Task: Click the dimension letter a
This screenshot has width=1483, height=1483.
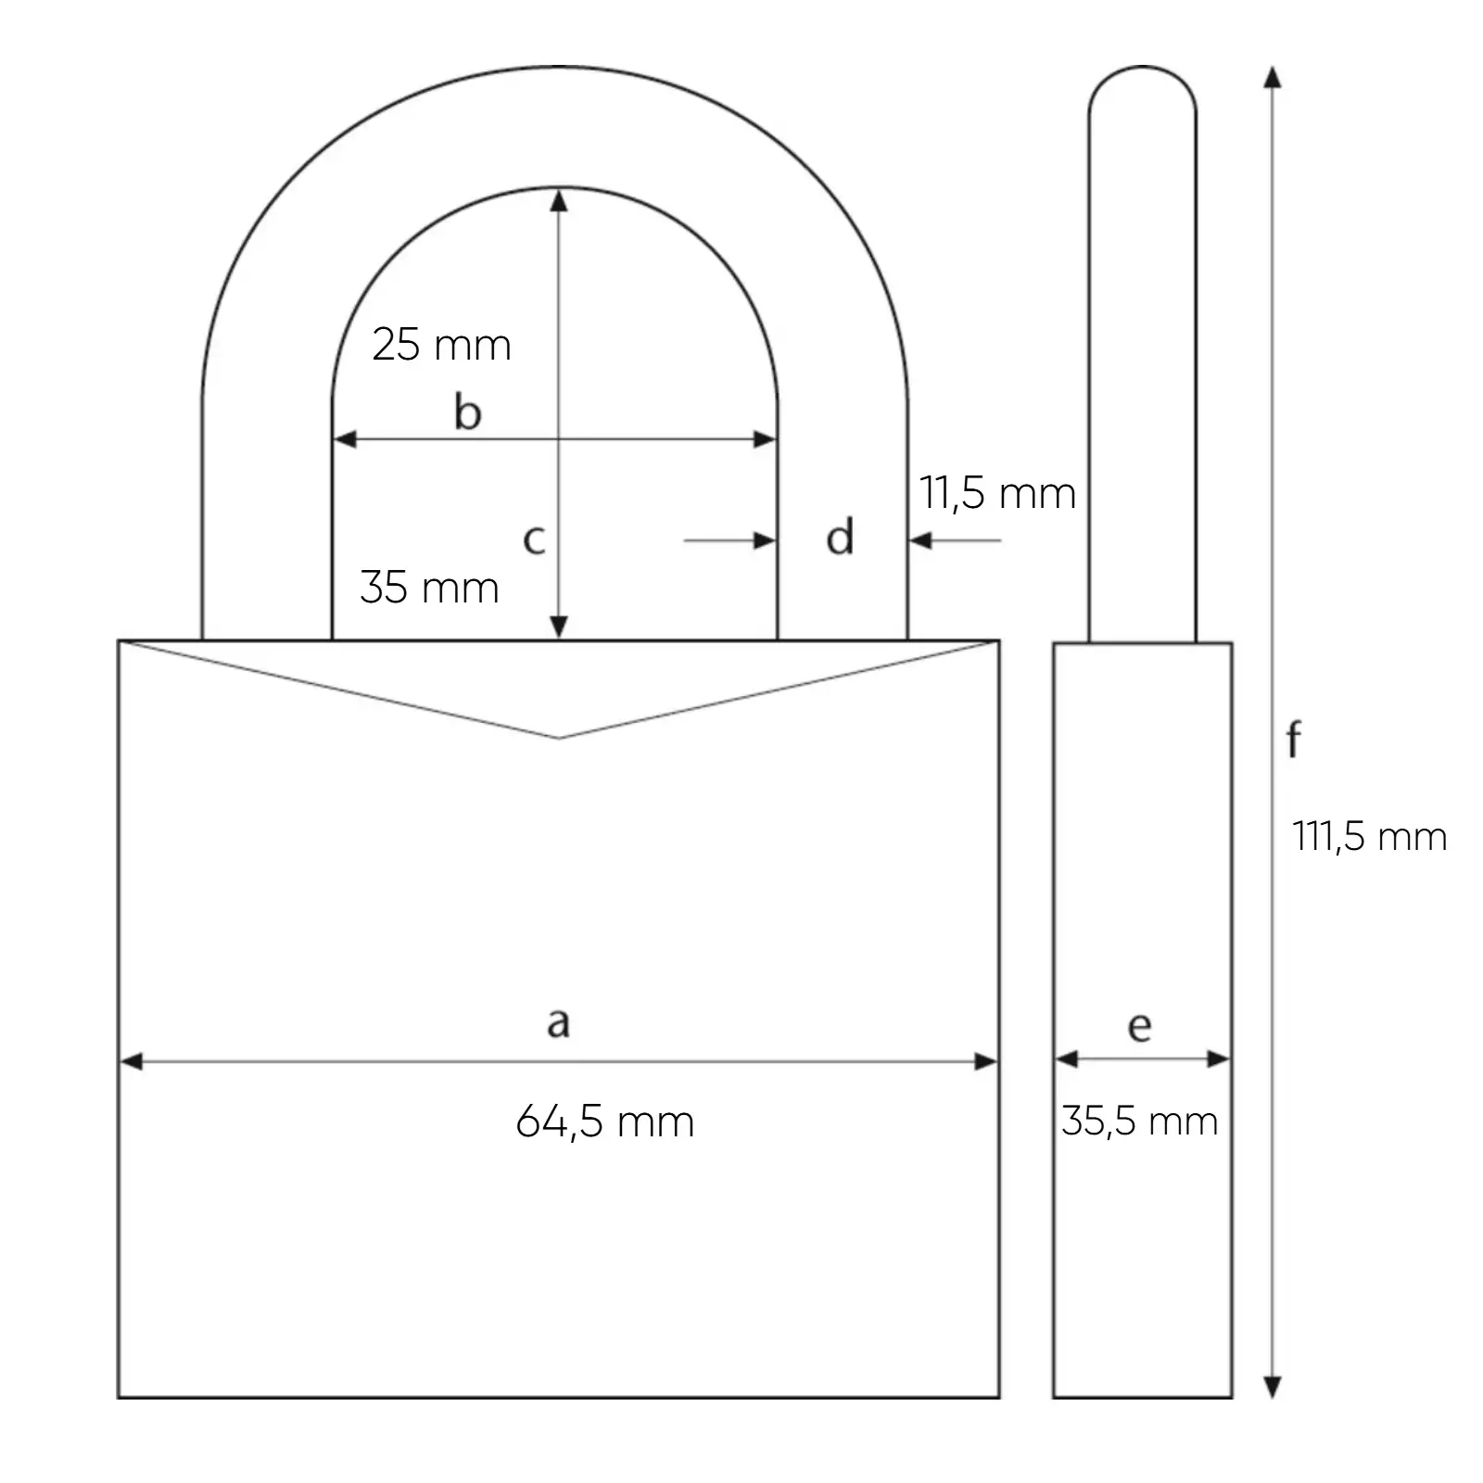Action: [x=557, y=1022]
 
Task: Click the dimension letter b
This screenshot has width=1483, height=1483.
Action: [x=467, y=412]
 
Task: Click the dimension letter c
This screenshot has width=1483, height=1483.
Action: [x=533, y=539]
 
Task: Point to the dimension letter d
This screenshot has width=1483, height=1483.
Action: [x=840, y=538]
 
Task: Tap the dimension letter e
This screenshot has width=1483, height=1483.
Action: [x=1139, y=1027]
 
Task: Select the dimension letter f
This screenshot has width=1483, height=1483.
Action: [x=1294, y=740]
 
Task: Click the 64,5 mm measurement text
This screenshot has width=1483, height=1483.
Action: [x=604, y=1122]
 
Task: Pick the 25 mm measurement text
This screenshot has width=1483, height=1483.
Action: [x=441, y=346]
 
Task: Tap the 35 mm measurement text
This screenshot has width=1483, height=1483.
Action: [x=429, y=588]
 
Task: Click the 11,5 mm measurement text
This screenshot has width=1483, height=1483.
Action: [x=997, y=493]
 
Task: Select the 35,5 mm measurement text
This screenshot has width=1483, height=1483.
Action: [x=1139, y=1122]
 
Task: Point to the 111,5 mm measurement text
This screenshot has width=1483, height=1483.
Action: [x=1369, y=837]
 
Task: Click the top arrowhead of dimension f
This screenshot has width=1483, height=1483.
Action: [x=1273, y=78]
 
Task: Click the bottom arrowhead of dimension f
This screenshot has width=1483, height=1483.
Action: [x=1273, y=1387]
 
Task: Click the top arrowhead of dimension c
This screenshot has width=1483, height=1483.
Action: [x=558, y=199]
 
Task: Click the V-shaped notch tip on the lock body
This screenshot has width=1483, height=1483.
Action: [x=558, y=737]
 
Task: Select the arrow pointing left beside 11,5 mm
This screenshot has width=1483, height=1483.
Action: [x=921, y=539]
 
